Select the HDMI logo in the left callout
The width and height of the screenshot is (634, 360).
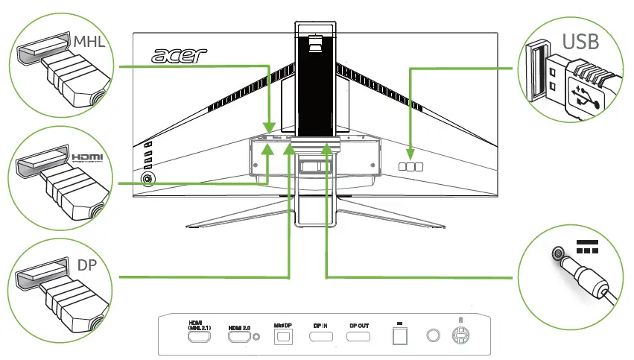(88, 157)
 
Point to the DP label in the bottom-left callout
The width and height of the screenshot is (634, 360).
(87, 265)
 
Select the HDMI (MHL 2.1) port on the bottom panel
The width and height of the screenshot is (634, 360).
(199, 338)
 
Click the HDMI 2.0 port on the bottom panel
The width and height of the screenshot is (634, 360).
(238, 338)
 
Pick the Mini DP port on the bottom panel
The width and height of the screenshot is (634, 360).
(282, 338)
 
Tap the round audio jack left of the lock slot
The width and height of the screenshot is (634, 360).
(432, 337)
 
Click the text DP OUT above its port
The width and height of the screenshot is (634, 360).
(360, 326)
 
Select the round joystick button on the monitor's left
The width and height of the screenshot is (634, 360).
(148, 179)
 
